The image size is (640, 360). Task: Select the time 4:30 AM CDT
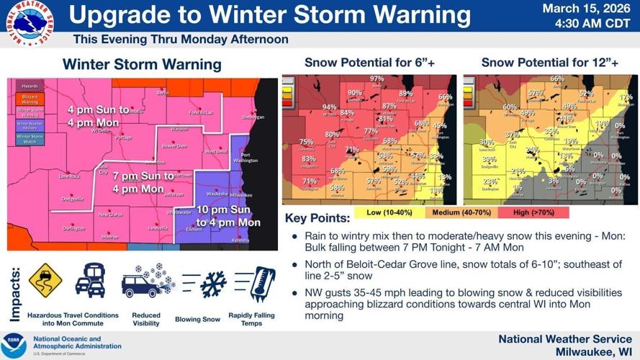click(x=590, y=23)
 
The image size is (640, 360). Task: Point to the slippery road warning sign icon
click(x=45, y=280)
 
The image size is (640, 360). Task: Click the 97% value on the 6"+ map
click(x=377, y=79)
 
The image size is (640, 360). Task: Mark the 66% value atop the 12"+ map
click(x=556, y=79)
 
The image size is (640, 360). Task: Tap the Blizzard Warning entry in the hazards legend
click(x=30, y=99)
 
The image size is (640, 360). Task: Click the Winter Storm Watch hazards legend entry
click(x=30, y=139)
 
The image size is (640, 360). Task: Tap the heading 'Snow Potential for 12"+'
click(x=549, y=63)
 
